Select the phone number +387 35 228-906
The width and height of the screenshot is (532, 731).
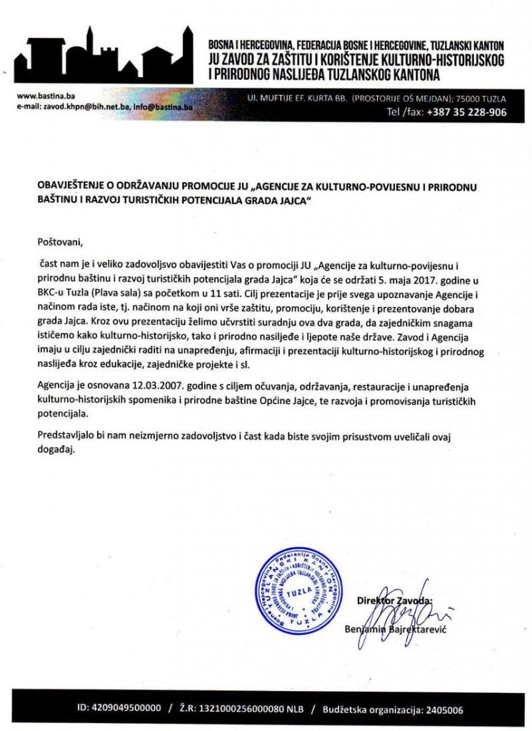pos(456,113)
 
